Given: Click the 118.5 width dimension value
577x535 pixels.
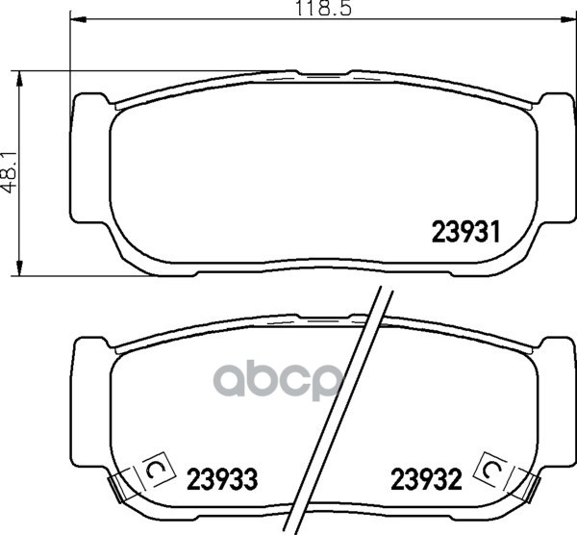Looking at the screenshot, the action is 323,8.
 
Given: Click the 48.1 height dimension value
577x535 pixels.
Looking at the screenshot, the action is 10,172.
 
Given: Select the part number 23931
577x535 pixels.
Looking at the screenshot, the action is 466,232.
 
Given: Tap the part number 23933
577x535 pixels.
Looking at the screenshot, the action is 223,479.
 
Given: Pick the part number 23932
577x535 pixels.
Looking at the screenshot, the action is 426,479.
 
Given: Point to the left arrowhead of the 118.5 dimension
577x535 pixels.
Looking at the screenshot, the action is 78,19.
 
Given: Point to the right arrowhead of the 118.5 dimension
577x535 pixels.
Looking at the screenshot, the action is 568,19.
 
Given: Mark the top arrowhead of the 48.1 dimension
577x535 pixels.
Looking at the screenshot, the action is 18,78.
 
